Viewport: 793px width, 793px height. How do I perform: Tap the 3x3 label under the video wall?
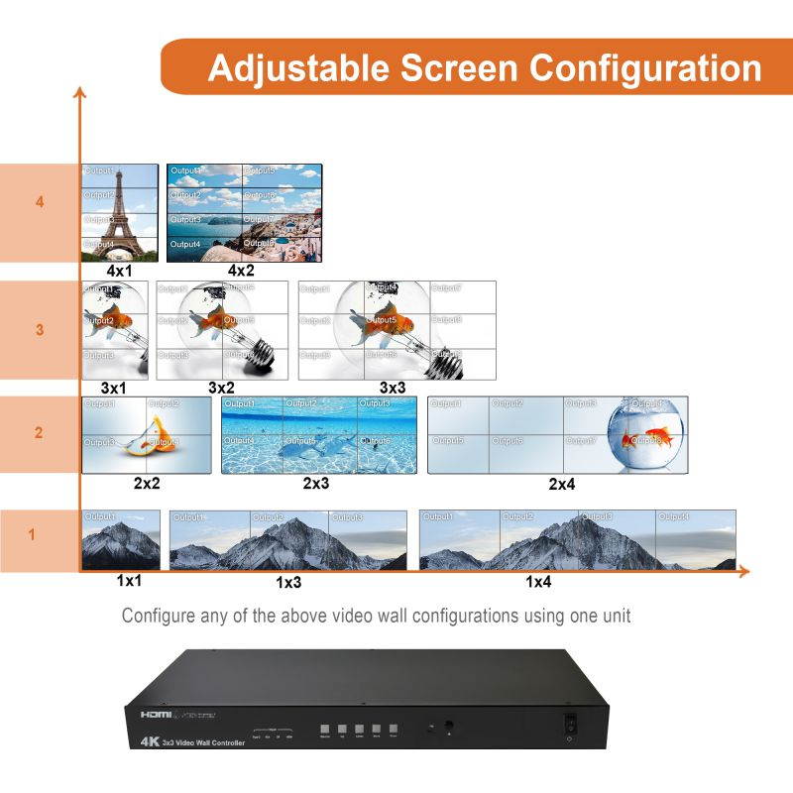(394, 388)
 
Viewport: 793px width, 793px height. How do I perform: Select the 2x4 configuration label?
(561, 485)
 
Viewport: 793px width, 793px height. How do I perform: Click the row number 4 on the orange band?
(40, 202)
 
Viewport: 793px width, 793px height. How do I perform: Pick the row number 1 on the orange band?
(32, 535)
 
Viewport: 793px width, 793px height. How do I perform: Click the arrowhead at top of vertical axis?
(79, 92)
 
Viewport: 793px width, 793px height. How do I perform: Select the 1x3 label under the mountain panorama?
(287, 582)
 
